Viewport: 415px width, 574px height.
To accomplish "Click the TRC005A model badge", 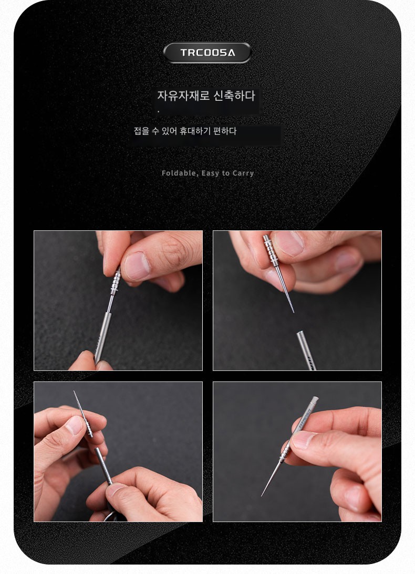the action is [207, 52].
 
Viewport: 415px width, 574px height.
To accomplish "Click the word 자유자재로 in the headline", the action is [183, 96].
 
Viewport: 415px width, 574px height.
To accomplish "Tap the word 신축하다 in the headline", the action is [234, 96].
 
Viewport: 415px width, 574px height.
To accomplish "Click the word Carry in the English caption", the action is [243, 174].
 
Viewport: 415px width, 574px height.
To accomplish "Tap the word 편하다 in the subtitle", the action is [225, 131].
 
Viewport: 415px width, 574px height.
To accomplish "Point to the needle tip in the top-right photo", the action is [293, 312].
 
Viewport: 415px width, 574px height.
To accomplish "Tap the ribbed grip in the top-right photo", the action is [270, 251].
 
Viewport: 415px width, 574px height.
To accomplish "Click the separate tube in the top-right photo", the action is [306, 350].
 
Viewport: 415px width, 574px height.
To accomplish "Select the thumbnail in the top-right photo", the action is [288, 243].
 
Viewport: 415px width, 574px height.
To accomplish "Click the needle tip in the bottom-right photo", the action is [262, 495].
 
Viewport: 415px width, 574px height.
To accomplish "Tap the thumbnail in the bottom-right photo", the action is [304, 440].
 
